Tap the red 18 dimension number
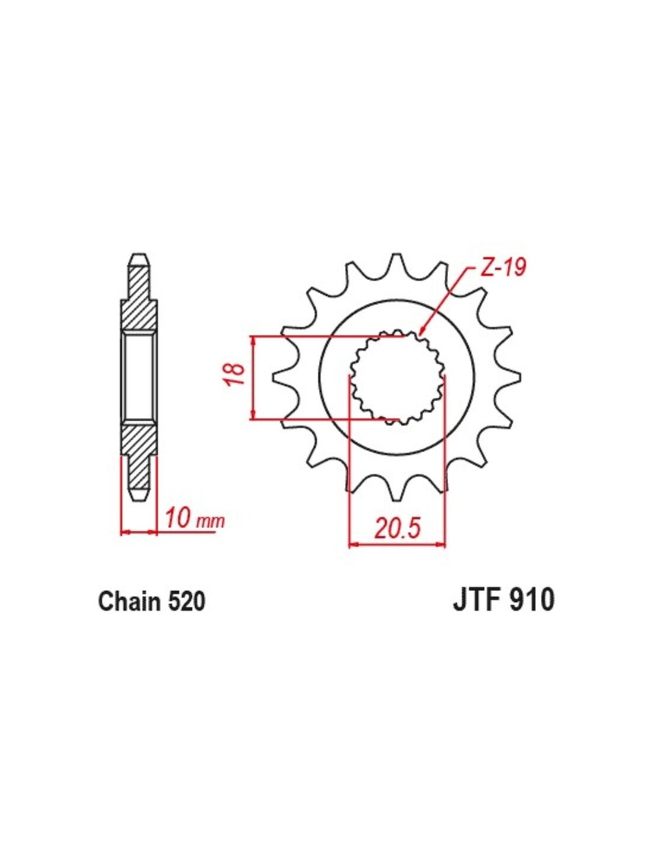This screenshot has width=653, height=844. [x=234, y=375]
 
